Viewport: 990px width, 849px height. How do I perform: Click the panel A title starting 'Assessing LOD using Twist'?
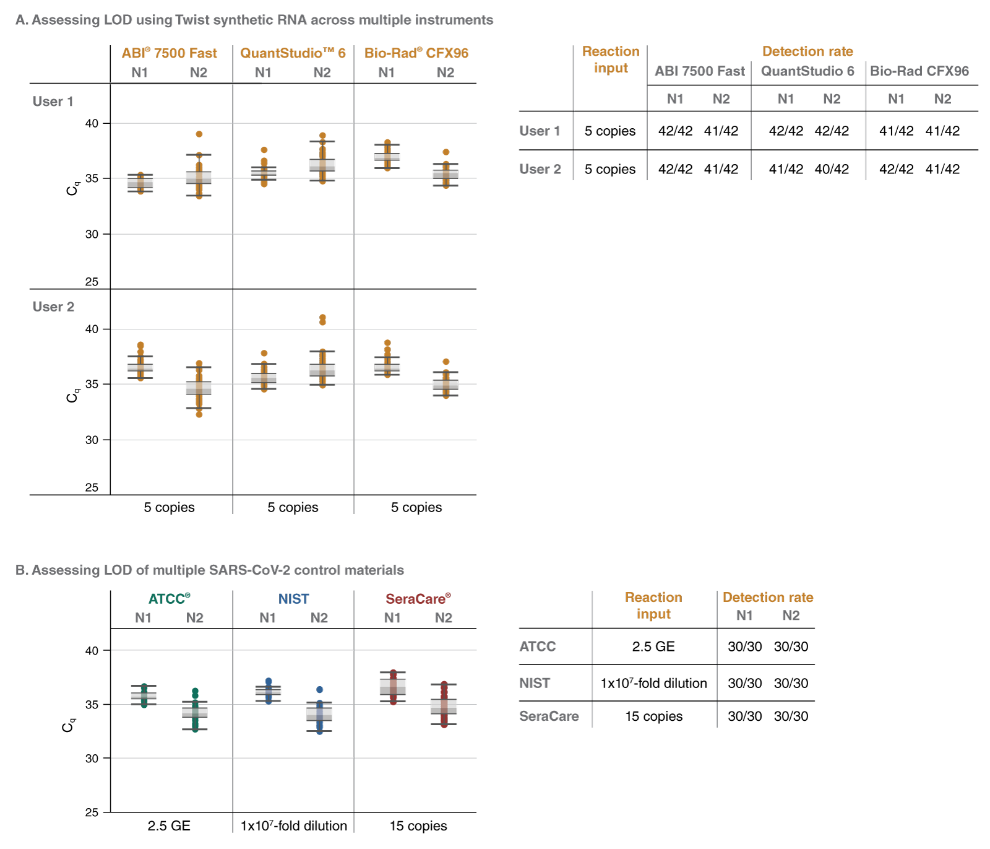[254, 20]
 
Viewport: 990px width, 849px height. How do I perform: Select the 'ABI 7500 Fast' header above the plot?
[169, 53]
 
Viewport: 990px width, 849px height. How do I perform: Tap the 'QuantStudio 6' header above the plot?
[292, 53]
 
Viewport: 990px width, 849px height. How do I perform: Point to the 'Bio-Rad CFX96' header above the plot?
[416, 53]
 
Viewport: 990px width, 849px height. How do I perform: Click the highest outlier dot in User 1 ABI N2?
[199, 134]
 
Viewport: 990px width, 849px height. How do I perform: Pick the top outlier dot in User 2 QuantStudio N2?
[322, 317]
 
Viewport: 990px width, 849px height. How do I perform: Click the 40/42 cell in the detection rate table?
[832, 169]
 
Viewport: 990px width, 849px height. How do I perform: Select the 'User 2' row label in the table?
[540, 169]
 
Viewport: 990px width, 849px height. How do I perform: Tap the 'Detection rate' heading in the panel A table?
[807, 51]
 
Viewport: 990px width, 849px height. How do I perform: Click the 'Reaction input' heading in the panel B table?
[653, 605]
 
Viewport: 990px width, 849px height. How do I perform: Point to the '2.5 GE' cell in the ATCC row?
[653, 647]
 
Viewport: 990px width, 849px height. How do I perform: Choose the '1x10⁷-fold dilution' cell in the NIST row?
[653, 683]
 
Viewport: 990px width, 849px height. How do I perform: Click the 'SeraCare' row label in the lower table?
[549, 716]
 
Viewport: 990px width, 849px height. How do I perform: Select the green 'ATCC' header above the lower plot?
[169, 599]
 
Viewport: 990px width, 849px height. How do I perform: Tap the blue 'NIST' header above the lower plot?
[293, 599]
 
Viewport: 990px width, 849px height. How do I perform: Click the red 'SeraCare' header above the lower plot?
[418, 599]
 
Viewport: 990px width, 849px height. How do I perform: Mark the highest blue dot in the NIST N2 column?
[319, 689]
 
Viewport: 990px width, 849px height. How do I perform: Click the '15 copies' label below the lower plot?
[418, 825]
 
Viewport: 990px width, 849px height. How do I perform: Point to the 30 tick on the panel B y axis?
[92, 759]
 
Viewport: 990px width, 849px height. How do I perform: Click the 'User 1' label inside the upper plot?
[53, 102]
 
